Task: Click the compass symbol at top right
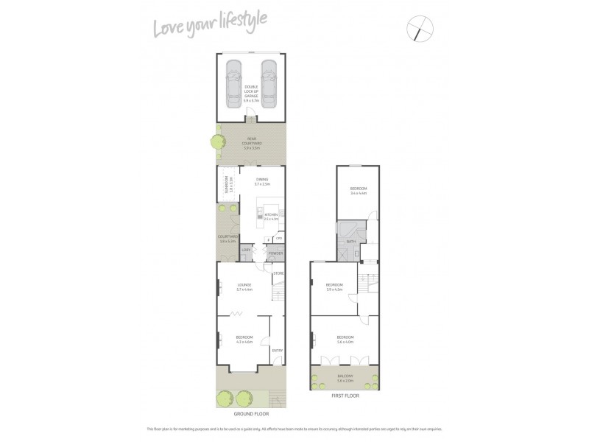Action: pyautogui.click(x=420, y=29)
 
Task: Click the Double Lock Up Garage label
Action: pyautogui.click(x=251, y=92)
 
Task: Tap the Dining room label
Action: pyautogui.click(x=262, y=181)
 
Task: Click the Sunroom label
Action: pyautogui.click(x=230, y=185)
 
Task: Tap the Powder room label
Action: pyautogui.click(x=275, y=253)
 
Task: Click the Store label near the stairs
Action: pyautogui.click(x=278, y=273)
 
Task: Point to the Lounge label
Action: pyautogui.click(x=244, y=287)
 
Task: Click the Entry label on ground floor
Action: pyautogui.click(x=277, y=350)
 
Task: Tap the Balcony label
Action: pyautogui.click(x=345, y=379)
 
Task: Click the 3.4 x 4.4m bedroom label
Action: pyautogui.click(x=359, y=191)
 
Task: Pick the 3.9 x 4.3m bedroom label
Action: pyautogui.click(x=335, y=287)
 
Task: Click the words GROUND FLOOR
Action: pyautogui.click(x=250, y=415)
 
